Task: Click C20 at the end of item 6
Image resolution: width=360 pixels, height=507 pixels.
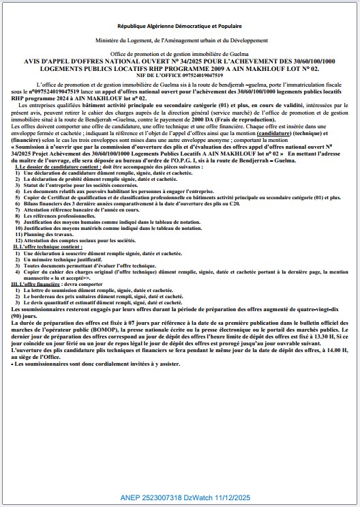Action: click(255, 203)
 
